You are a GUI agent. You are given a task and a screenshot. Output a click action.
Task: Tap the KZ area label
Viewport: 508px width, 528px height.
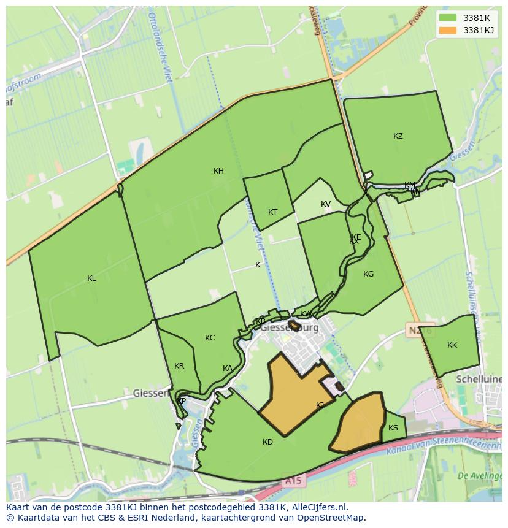(x=398, y=136)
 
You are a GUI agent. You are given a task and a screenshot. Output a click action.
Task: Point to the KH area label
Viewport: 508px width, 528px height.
(x=218, y=171)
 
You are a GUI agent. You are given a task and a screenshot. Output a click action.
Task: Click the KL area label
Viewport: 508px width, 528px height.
(x=91, y=278)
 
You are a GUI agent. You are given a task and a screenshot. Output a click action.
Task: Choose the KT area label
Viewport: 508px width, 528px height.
(x=272, y=212)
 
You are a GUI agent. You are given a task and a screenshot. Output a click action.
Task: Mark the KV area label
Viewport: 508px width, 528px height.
(x=325, y=204)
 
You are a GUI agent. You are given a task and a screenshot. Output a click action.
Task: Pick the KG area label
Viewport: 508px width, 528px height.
(x=368, y=274)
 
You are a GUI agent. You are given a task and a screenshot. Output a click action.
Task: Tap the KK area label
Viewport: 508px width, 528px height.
(x=452, y=345)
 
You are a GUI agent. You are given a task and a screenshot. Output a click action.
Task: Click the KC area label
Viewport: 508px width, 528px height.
(x=210, y=338)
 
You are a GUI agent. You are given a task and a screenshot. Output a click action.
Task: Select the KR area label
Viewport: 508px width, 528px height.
(x=179, y=366)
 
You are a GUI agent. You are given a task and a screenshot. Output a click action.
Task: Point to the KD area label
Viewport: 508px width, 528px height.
(x=267, y=442)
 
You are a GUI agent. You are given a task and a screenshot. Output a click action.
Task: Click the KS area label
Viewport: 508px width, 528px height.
(x=393, y=428)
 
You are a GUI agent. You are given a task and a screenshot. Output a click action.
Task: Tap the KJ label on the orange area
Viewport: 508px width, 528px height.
(x=320, y=405)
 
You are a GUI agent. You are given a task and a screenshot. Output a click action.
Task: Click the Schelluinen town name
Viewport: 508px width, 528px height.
(x=479, y=380)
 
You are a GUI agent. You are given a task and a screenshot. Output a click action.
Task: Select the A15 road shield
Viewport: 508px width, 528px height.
(x=293, y=481)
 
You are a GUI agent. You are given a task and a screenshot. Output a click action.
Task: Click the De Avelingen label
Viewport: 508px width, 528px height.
(x=480, y=476)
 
